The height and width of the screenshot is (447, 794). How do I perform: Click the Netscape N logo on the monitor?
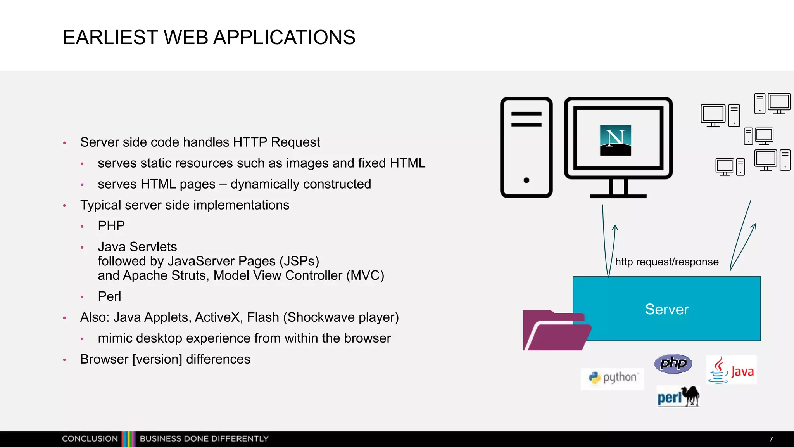tap(615, 140)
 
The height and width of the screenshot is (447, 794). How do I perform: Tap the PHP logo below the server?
tap(673, 364)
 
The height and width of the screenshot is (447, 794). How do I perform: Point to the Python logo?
tap(612, 378)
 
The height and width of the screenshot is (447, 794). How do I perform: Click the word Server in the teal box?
tap(667, 309)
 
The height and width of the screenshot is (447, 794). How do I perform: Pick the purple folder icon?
tap(556, 331)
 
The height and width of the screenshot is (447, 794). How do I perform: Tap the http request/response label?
tap(667, 262)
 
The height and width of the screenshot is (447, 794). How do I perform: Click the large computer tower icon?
tap(526, 147)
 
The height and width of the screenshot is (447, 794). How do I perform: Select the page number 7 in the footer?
tap(771, 439)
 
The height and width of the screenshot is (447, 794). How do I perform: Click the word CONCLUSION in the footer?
tap(90, 439)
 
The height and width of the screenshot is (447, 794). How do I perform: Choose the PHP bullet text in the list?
tap(111, 226)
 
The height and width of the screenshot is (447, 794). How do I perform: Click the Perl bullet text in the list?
tap(109, 296)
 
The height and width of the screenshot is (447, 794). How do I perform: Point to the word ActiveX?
tap(217, 317)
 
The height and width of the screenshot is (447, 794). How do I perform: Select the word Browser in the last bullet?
tap(104, 359)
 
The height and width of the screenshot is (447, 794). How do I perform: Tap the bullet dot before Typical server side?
tap(65, 206)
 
